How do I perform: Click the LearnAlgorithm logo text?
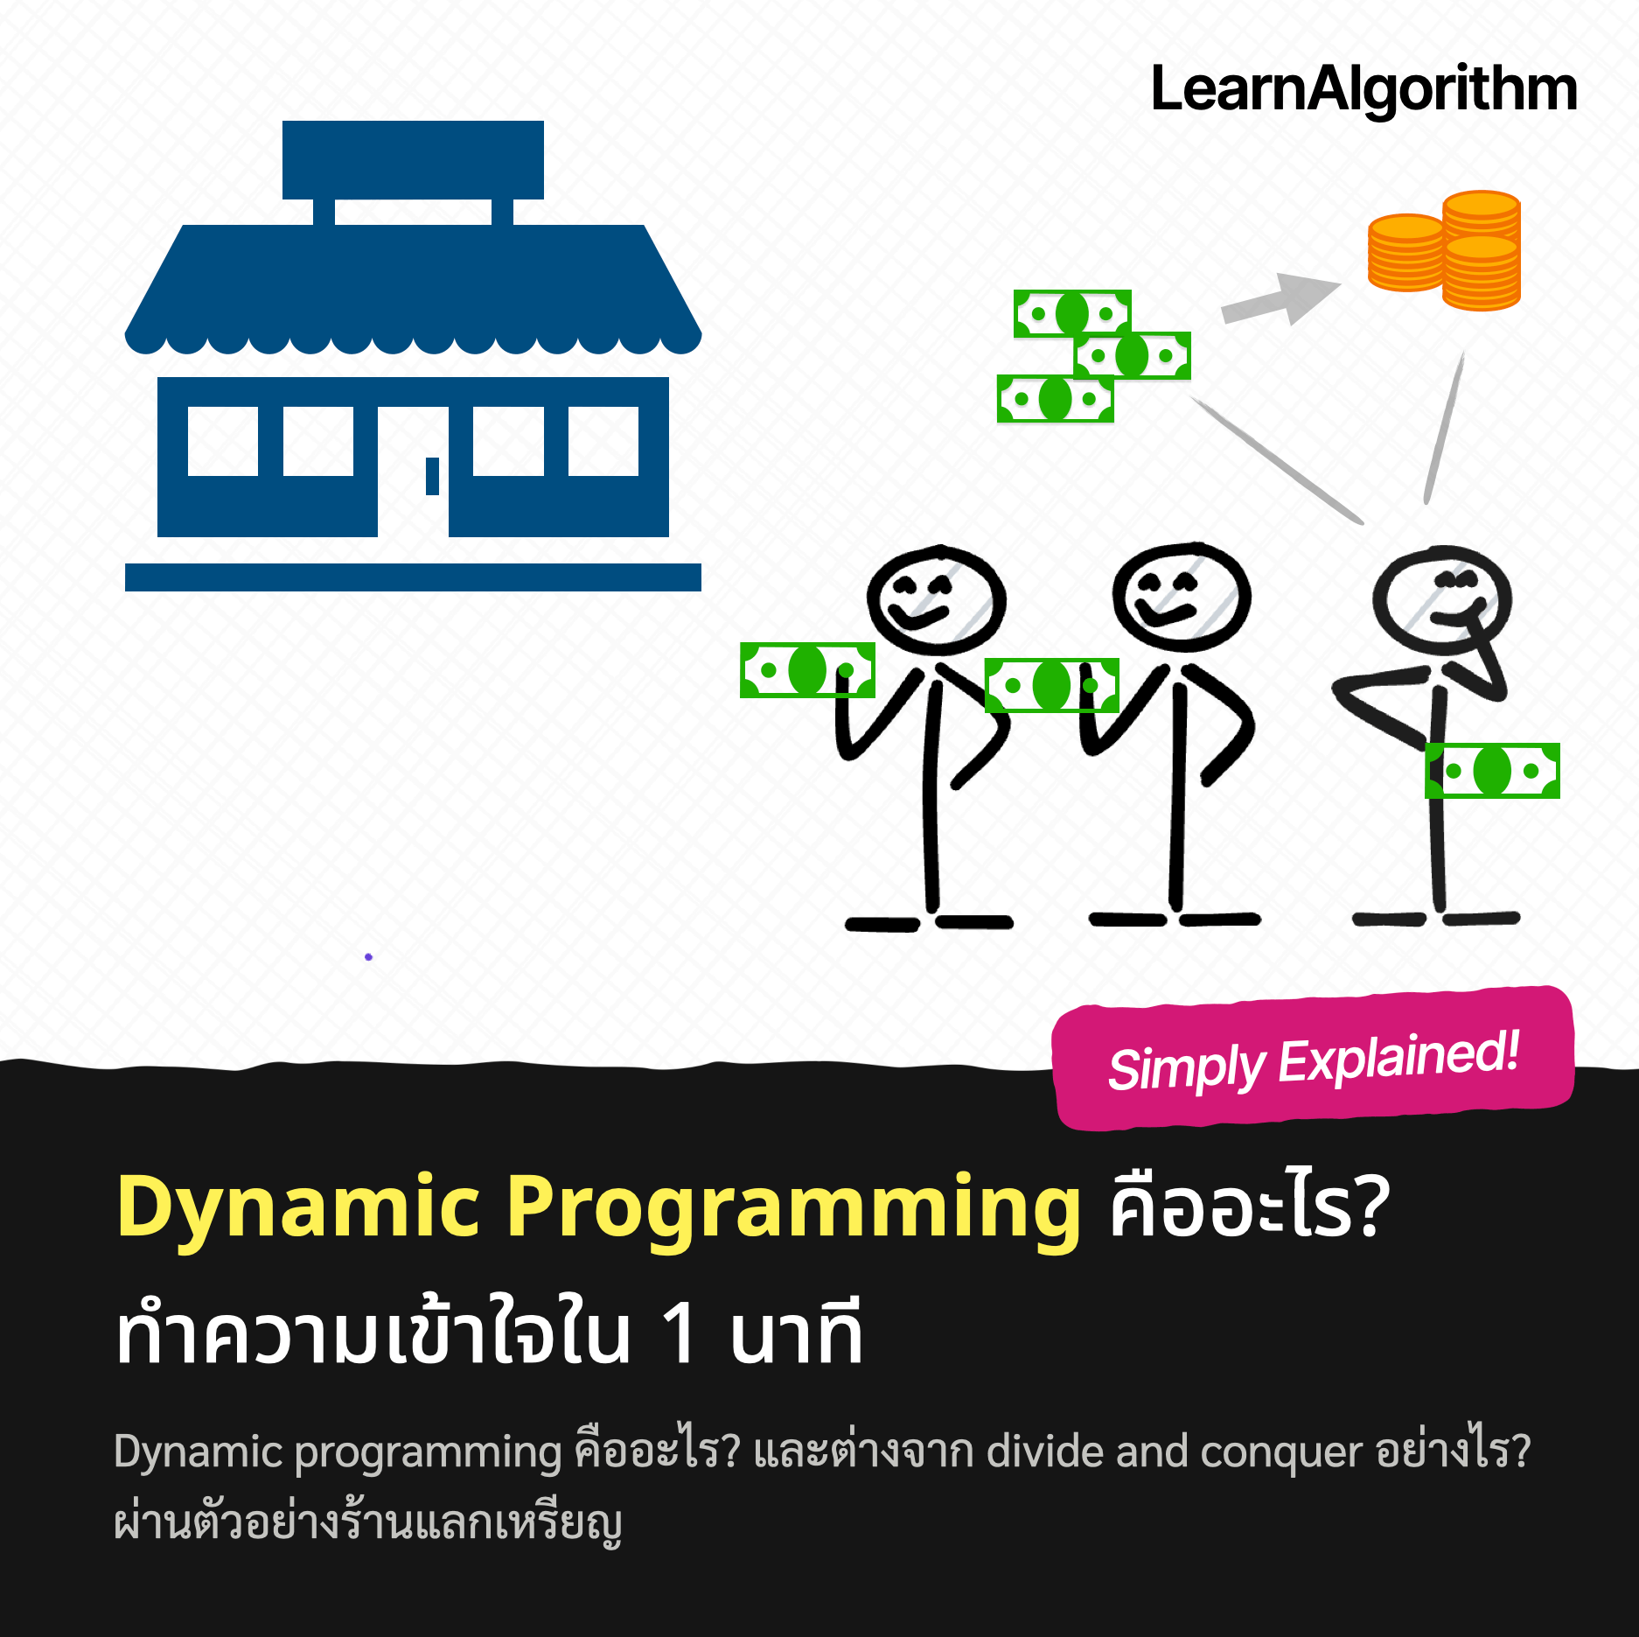click(x=1364, y=90)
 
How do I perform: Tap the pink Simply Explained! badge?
click(x=1313, y=1058)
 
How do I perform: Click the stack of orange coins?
click(x=1444, y=250)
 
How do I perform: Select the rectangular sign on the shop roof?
click(x=413, y=160)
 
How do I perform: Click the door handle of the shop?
click(x=432, y=477)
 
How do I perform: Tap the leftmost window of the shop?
click(x=223, y=441)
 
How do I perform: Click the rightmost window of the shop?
click(x=603, y=441)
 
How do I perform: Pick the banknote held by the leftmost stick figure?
click(x=807, y=670)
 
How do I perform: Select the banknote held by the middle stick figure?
click(x=1051, y=685)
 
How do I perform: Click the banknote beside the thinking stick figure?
click(x=1492, y=771)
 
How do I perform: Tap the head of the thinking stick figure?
click(x=1441, y=600)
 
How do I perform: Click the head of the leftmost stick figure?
click(x=937, y=600)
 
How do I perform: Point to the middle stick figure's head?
click(x=1182, y=597)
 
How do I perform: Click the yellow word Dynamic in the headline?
click(x=298, y=1208)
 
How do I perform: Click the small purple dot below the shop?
click(x=368, y=956)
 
